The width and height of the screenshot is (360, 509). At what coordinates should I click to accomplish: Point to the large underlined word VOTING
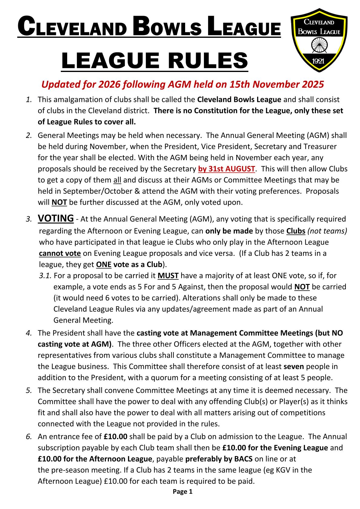point(56,218)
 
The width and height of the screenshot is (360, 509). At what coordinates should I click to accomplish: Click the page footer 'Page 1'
point(182,492)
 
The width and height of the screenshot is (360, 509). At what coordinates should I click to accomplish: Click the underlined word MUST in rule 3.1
point(168,276)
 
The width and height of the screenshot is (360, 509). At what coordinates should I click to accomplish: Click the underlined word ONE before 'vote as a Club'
point(104,265)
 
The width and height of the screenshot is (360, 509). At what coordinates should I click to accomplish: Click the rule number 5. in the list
point(29,390)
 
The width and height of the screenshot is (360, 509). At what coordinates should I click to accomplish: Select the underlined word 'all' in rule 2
point(117,180)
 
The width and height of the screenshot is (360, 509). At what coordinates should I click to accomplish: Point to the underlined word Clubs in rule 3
point(296,231)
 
